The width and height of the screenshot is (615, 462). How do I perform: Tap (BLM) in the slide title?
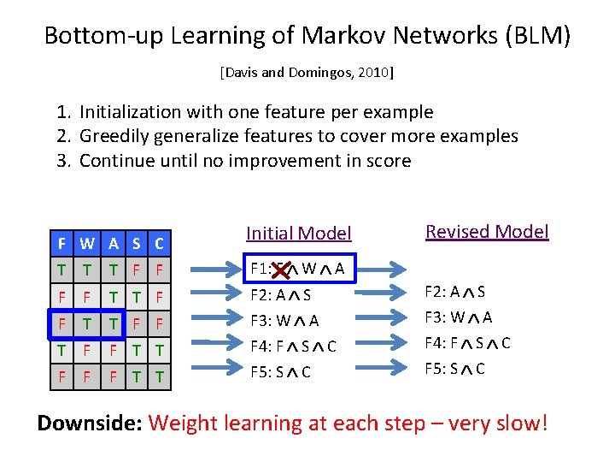537,36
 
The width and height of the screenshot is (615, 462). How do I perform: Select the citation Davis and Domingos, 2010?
307,73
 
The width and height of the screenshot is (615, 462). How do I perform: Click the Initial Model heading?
298,233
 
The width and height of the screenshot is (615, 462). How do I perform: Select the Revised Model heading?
487,231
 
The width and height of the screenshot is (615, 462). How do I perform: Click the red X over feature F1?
279,269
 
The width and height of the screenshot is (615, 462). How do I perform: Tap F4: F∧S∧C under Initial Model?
294,346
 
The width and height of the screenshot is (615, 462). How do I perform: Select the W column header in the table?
86,244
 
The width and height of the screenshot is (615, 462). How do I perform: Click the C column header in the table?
159,244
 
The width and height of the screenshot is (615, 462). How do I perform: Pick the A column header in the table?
111,244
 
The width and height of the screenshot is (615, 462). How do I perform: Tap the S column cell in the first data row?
135,269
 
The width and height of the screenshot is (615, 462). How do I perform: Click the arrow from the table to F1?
210,271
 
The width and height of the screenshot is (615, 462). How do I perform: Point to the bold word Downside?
90,423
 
